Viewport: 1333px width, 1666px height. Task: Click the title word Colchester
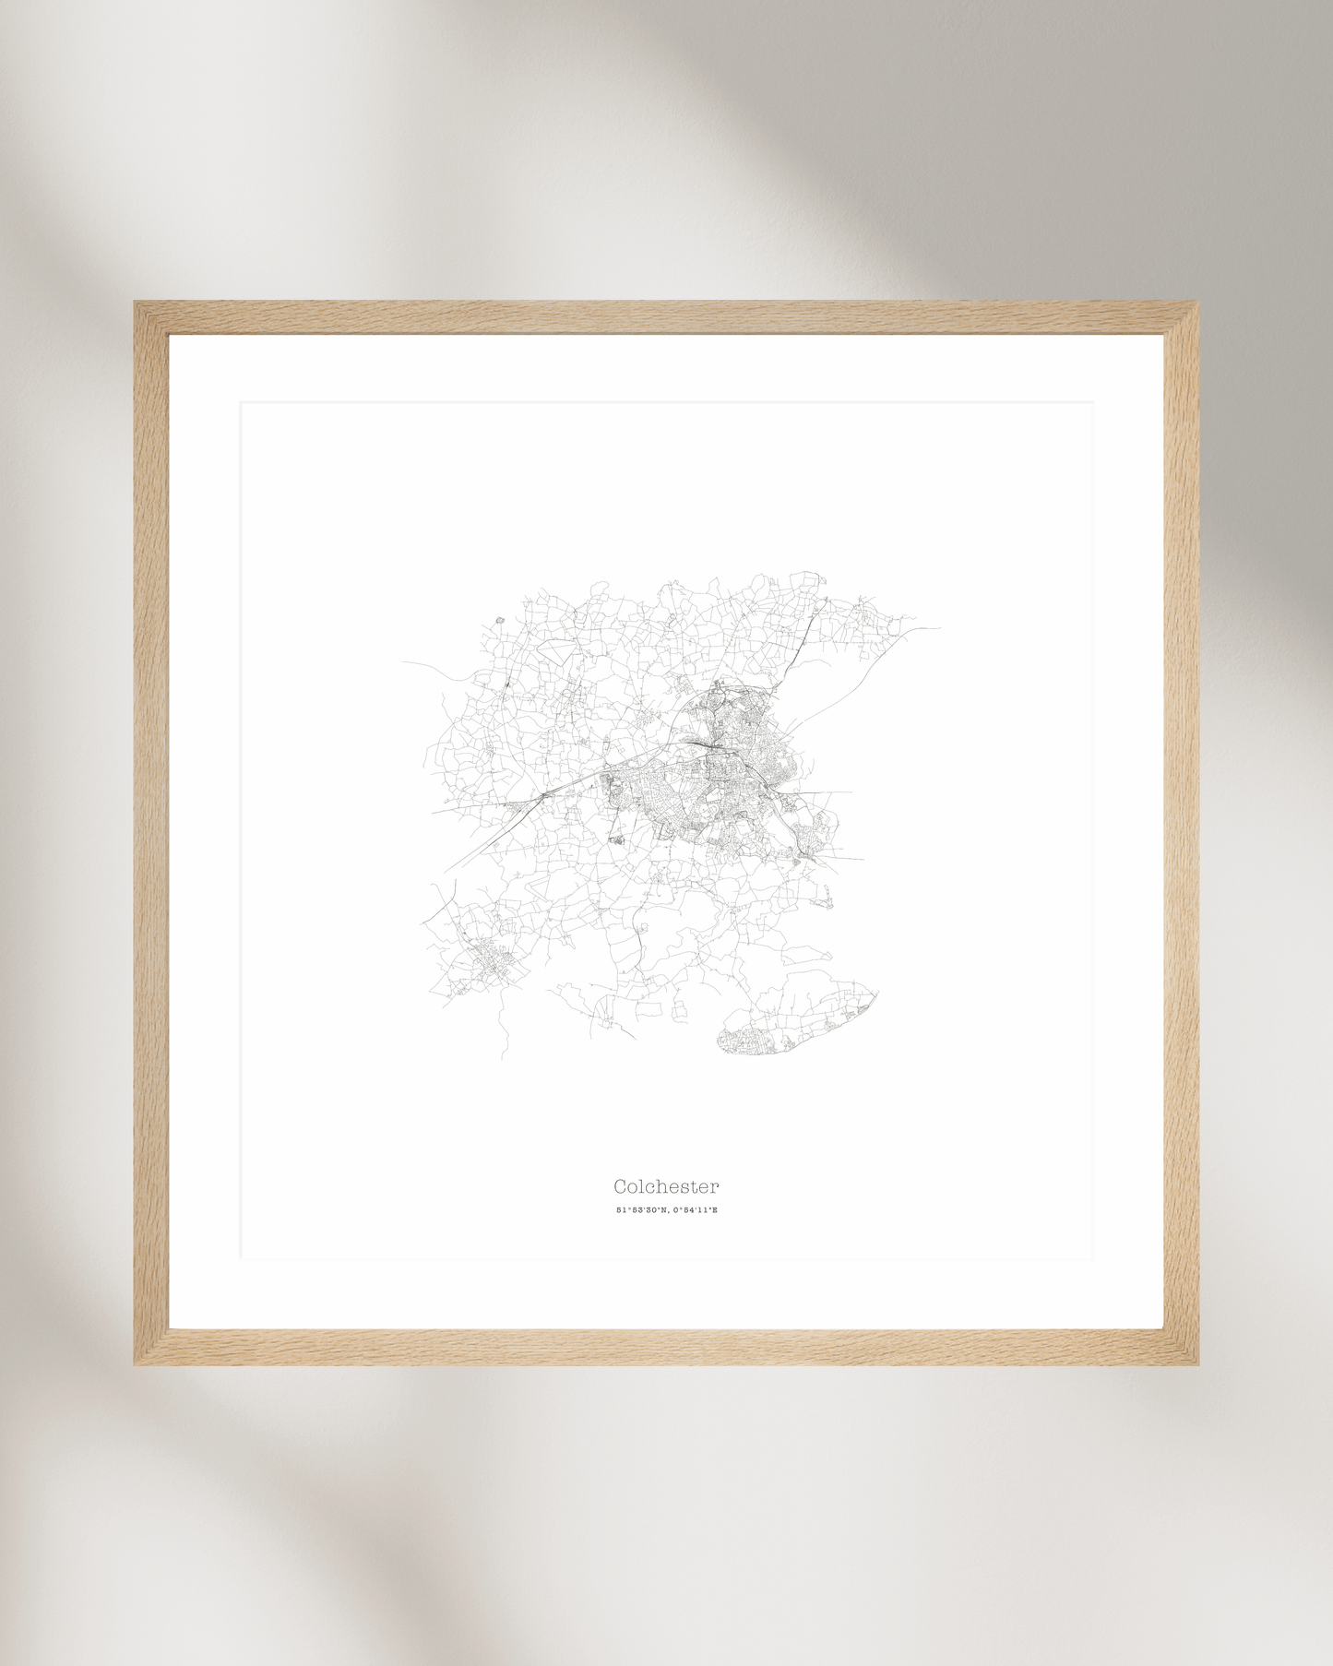[666, 1186]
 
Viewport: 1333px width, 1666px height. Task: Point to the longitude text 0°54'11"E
[695, 1209]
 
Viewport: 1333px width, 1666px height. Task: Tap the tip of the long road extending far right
[939, 629]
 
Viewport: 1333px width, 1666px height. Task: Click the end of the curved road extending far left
[403, 662]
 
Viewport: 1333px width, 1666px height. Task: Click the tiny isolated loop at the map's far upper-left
[499, 620]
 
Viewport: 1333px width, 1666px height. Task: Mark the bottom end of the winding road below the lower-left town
[502, 1058]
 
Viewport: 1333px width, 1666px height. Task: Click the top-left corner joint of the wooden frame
[151, 317]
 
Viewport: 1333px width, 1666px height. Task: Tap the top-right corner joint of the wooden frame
[1181, 317]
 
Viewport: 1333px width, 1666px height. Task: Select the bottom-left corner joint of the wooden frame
[151, 1347]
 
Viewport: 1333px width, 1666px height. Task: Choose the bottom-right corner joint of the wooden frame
[1181, 1347]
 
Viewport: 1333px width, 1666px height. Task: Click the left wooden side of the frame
[151, 830]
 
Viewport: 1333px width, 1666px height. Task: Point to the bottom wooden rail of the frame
[666, 1347]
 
